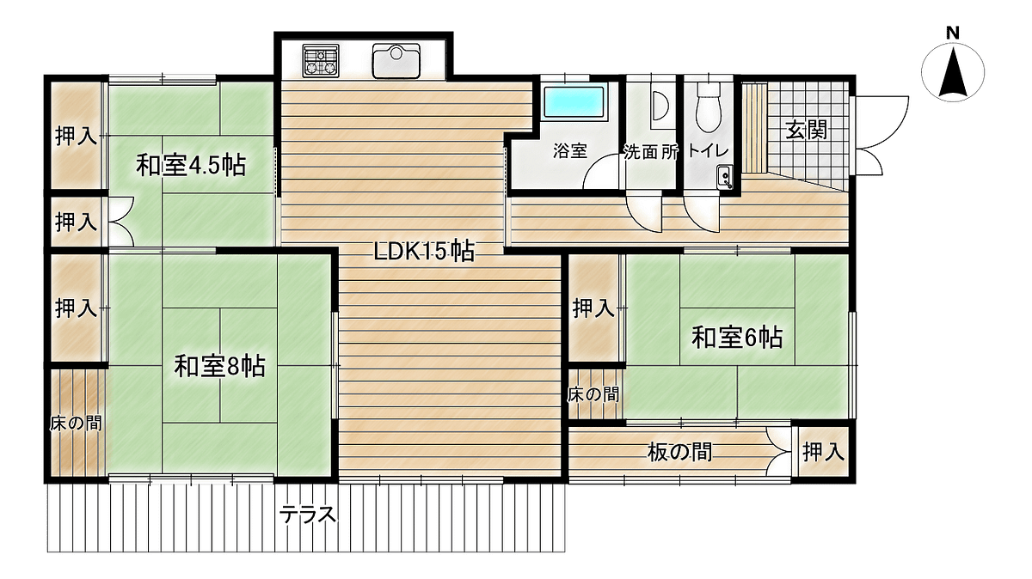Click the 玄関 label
click(x=806, y=131)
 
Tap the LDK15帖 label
click(x=424, y=252)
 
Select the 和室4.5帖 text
click(x=191, y=165)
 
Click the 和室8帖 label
click(x=219, y=367)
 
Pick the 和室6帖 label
click(x=737, y=338)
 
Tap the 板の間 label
click(x=679, y=453)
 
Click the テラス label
click(x=307, y=515)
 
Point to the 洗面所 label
click(x=651, y=153)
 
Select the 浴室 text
click(x=570, y=151)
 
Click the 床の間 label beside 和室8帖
click(x=76, y=423)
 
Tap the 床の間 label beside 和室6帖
click(x=593, y=394)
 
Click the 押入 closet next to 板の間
click(x=823, y=452)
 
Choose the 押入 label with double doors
click(x=76, y=222)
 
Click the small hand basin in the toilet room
click(x=724, y=177)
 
